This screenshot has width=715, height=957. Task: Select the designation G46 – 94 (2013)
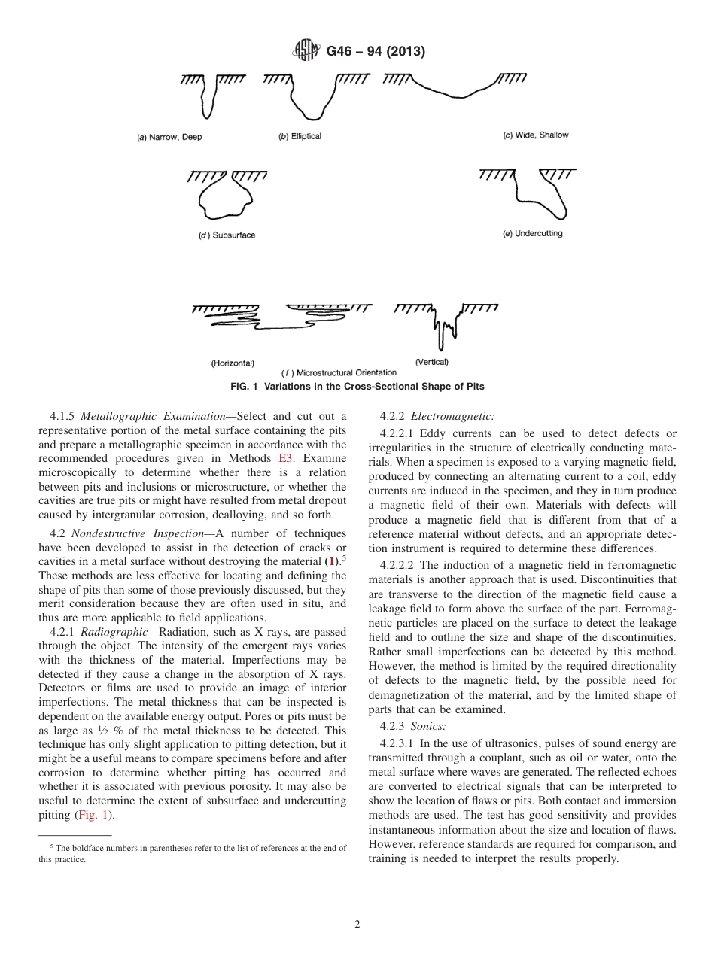click(x=376, y=52)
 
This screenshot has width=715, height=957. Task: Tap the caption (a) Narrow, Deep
click(x=169, y=138)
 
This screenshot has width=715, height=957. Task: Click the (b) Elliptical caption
click(x=300, y=136)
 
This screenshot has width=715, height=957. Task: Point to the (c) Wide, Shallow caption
click(x=536, y=135)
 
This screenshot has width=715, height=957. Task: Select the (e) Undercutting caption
click(x=532, y=234)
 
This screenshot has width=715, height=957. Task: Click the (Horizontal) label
click(x=233, y=363)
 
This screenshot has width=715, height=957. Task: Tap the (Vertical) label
click(x=432, y=362)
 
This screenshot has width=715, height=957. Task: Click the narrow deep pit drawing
click(x=209, y=98)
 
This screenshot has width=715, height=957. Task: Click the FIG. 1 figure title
click(x=357, y=387)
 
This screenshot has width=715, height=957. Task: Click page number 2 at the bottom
click(x=357, y=925)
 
